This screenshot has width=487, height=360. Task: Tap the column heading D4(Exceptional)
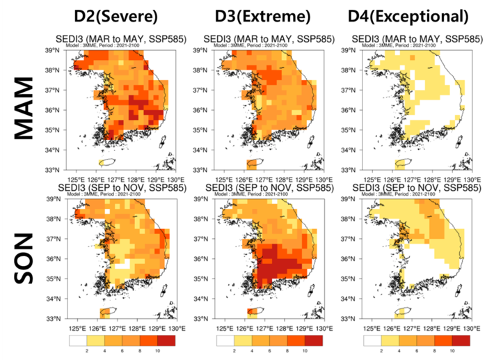point(417,16)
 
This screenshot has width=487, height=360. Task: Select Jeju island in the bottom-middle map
point(253,311)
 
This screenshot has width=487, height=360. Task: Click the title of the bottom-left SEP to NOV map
point(122,187)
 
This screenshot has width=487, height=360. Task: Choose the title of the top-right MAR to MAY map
point(417,38)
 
